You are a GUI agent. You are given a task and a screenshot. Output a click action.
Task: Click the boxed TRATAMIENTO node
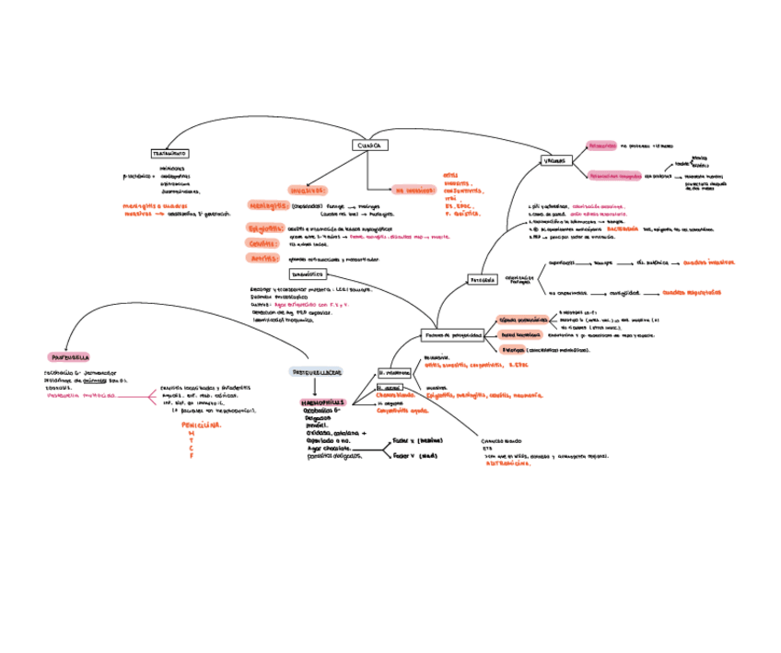[x=169, y=153]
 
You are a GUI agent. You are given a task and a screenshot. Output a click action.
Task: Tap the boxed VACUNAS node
[x=555, y=161]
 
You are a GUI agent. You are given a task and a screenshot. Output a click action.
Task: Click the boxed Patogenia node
[x=483, y=279]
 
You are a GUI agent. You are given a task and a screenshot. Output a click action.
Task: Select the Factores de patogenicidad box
[x=453, y=335]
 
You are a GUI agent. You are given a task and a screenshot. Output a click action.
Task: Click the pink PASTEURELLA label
[x=69, y=356]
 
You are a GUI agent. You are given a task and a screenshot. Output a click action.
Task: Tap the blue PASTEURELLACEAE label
[x=316, y=372]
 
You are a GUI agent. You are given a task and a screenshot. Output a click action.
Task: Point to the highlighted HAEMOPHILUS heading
[x=322, y=402]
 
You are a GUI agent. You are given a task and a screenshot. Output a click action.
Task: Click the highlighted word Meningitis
[x=269, y=205]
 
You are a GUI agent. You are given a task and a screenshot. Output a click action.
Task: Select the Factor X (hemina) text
[x=417, y=440]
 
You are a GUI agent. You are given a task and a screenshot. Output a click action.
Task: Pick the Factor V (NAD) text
[x=414, y=455]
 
